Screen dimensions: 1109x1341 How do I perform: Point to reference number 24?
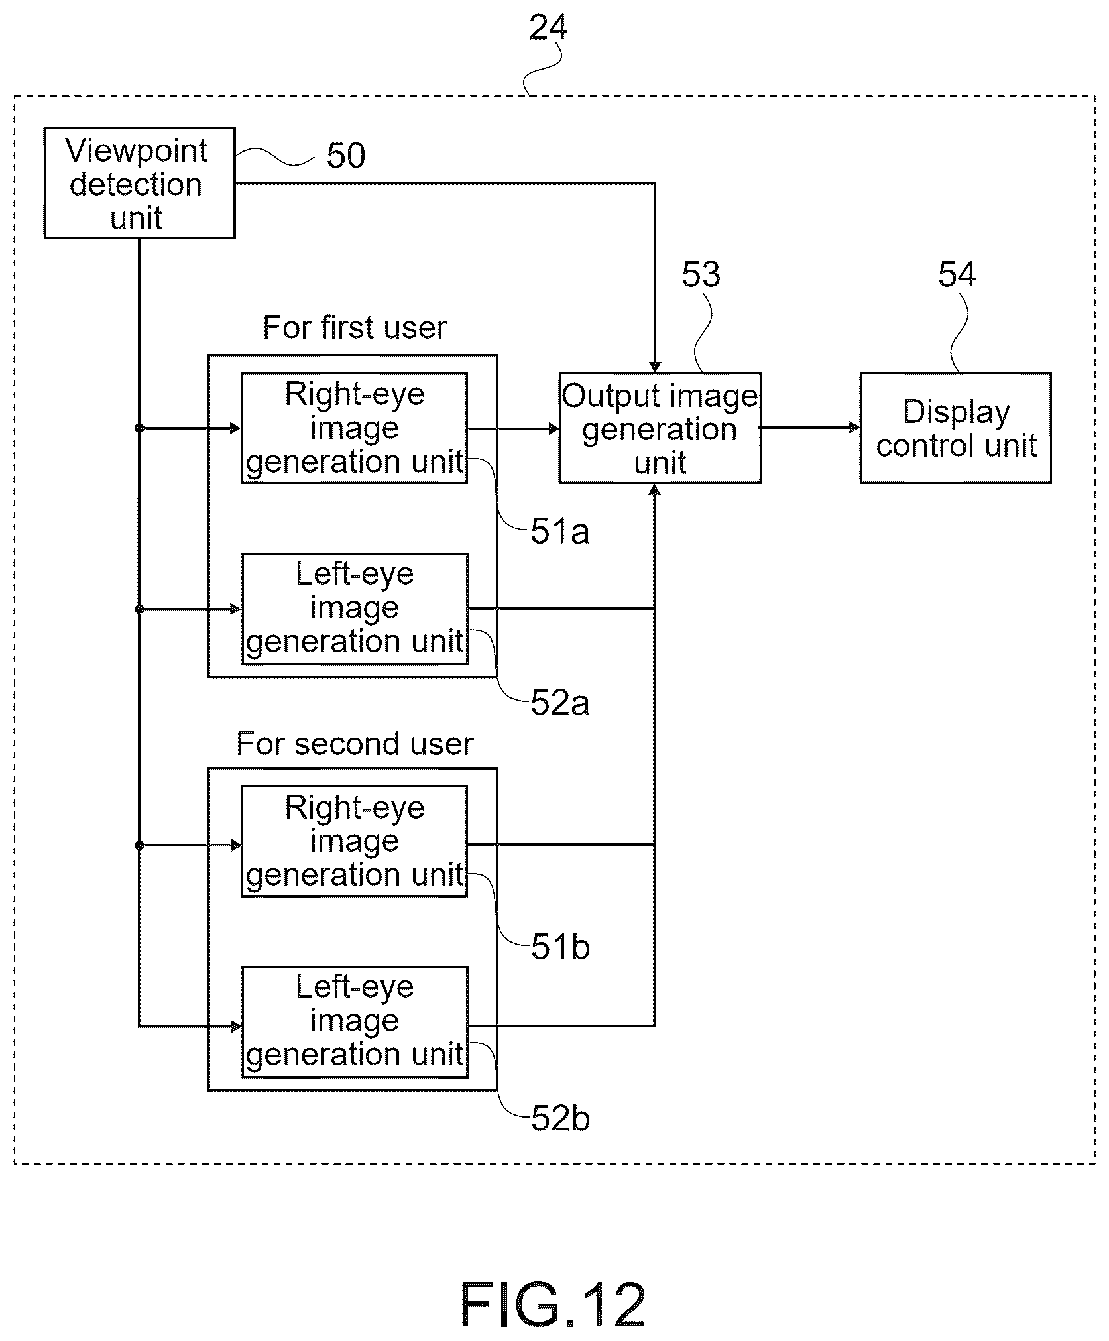548,28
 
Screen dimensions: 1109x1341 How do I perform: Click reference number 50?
346,156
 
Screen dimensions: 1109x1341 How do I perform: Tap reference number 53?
701,274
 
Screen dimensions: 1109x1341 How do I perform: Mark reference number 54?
957,274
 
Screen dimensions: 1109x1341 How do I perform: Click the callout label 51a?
559,532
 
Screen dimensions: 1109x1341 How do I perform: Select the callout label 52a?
559,703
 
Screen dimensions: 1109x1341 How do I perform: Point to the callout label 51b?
560,947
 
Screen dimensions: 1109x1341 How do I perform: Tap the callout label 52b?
560,1119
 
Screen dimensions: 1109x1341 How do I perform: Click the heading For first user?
355,327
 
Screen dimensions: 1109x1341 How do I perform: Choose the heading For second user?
355,744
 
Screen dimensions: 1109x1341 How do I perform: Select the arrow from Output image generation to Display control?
810,428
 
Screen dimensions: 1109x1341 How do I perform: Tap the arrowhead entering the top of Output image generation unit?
655,367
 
